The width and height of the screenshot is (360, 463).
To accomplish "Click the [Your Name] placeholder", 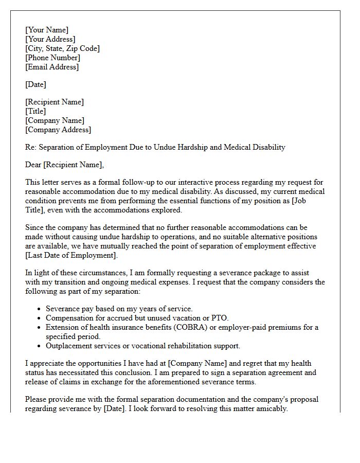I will (46, 30).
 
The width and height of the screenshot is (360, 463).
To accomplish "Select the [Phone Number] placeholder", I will (52, 58).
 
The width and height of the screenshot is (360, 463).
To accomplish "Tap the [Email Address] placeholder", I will (52, 67).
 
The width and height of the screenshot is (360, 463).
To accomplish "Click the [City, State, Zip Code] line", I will (62, 48).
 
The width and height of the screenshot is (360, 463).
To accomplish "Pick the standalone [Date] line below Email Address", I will (35, 84).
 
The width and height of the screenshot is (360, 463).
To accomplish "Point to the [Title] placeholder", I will (35, 111).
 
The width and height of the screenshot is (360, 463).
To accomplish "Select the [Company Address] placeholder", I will (58, 130).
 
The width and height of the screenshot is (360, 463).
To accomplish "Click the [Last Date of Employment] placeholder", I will (71, 256).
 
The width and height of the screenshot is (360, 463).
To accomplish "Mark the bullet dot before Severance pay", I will (40, 309).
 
